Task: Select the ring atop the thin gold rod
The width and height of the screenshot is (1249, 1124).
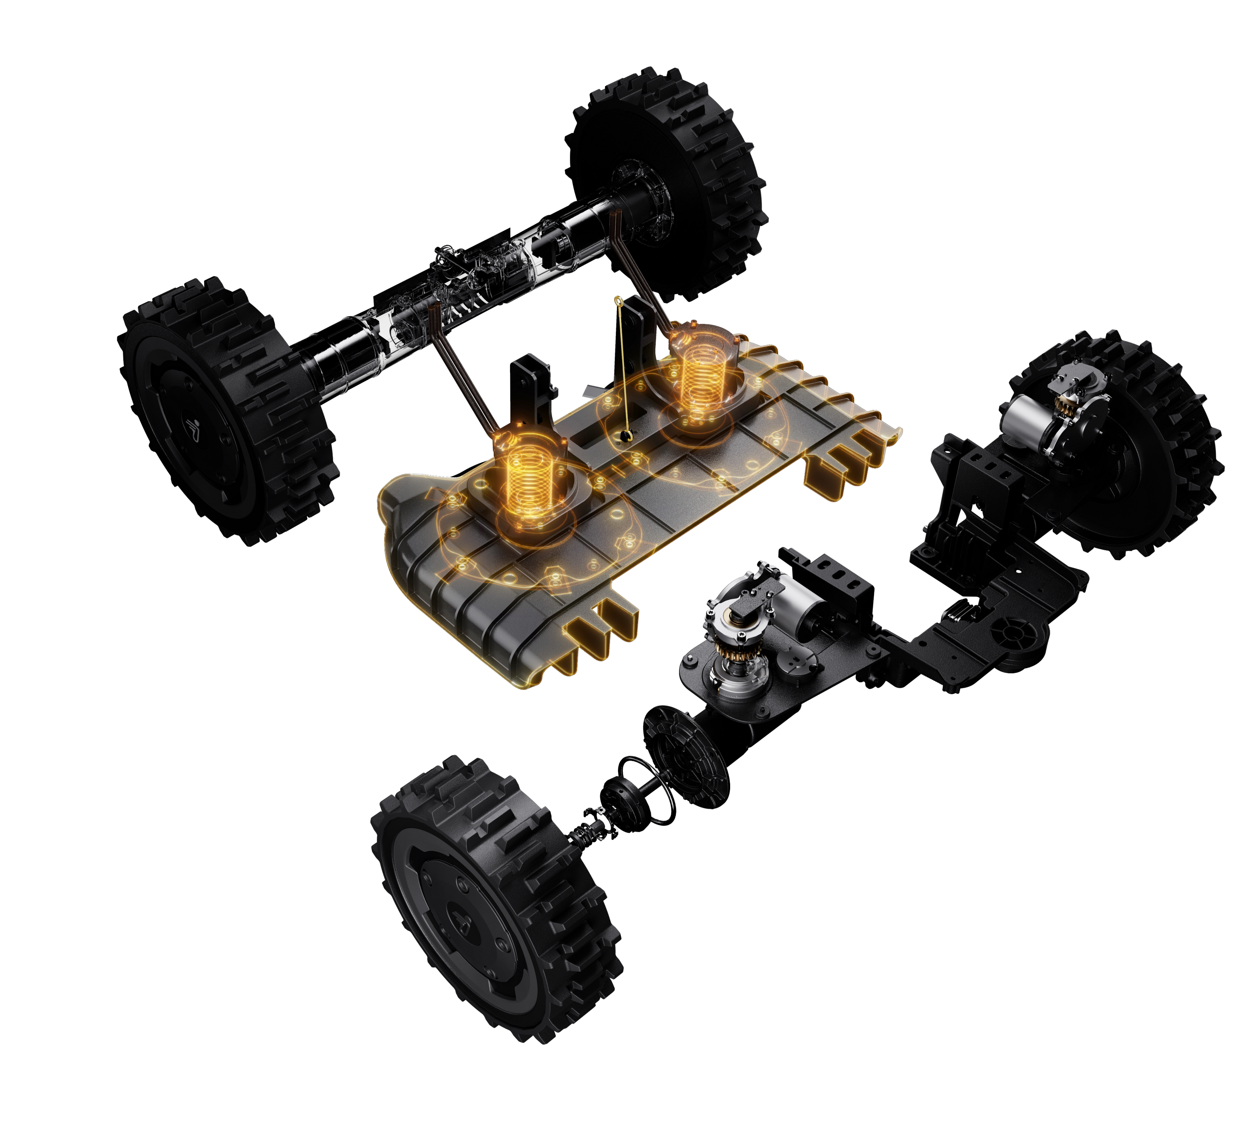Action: [618, 301]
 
